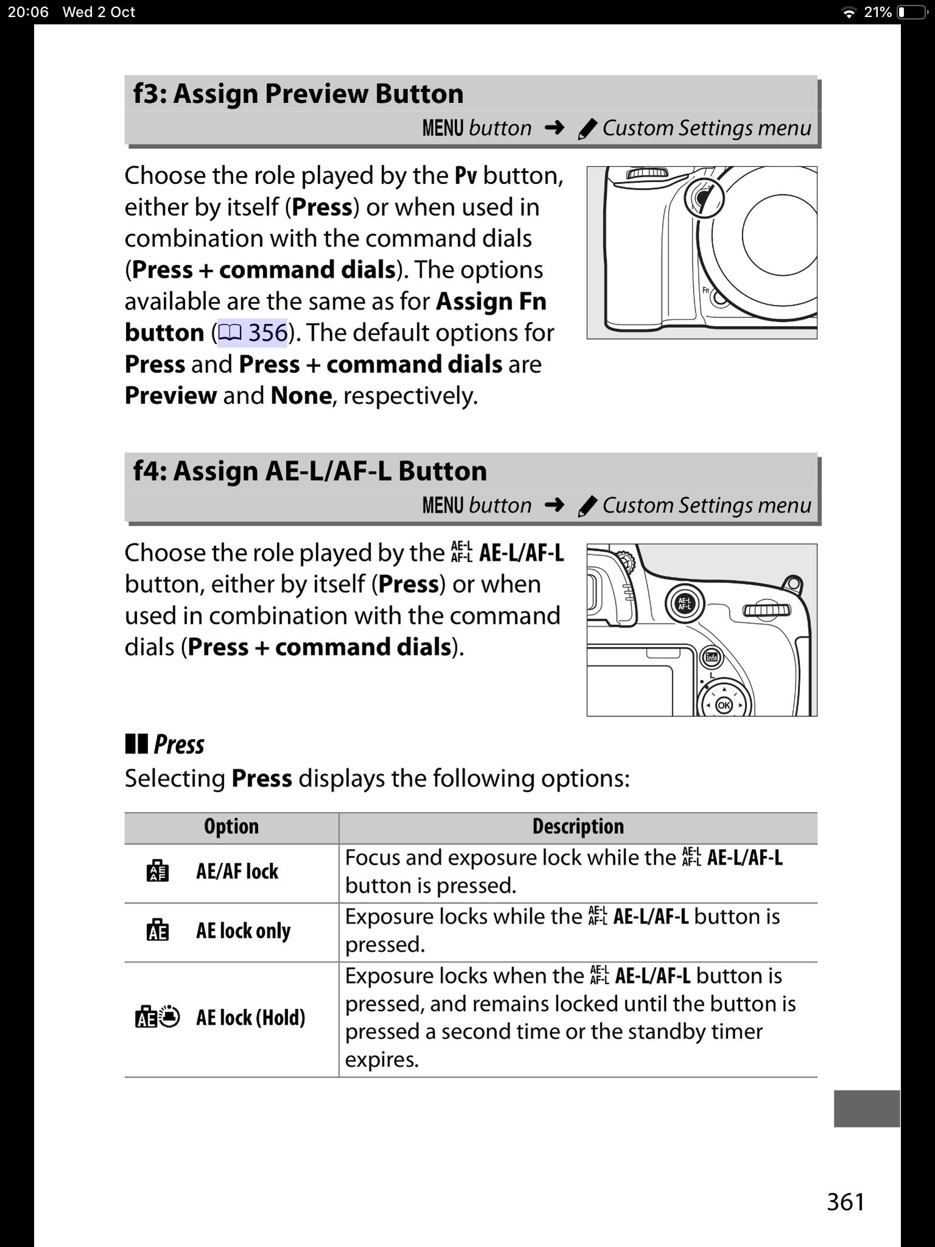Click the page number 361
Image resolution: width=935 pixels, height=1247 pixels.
pos(845,1202)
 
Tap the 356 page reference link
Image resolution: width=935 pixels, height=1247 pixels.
pos(253,333)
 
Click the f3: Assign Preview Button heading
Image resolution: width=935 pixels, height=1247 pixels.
pos(298,94)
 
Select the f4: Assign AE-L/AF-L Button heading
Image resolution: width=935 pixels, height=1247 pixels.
pos(310,471)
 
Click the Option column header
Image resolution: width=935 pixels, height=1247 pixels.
pos(231,827)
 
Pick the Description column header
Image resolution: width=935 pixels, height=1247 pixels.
pos(577,827)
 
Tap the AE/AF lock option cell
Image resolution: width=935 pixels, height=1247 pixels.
pos(237,872)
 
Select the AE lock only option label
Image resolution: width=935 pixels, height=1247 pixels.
pos(243,931)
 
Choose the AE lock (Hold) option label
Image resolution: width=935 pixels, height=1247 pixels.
pos(250,1017)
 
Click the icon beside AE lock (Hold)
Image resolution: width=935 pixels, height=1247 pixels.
pos(157,1017)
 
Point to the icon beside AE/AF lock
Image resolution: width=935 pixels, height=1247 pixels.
pos(157,872)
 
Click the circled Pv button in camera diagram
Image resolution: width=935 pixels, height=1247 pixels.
pos(704,198)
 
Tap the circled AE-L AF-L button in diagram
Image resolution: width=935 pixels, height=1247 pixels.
pos(685,604)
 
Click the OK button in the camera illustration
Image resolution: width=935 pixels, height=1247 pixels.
pos(724,705)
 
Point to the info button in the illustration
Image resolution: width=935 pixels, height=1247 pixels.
pos(711,657)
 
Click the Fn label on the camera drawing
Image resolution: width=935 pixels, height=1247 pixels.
pos(706,290)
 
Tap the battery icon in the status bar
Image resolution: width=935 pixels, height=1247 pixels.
pos(912,12)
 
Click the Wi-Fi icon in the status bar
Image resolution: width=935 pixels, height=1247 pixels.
pos(848,13)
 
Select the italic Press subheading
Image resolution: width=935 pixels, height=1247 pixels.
pos(178,744)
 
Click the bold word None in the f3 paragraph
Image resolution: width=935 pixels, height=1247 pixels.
pos(301,396)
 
